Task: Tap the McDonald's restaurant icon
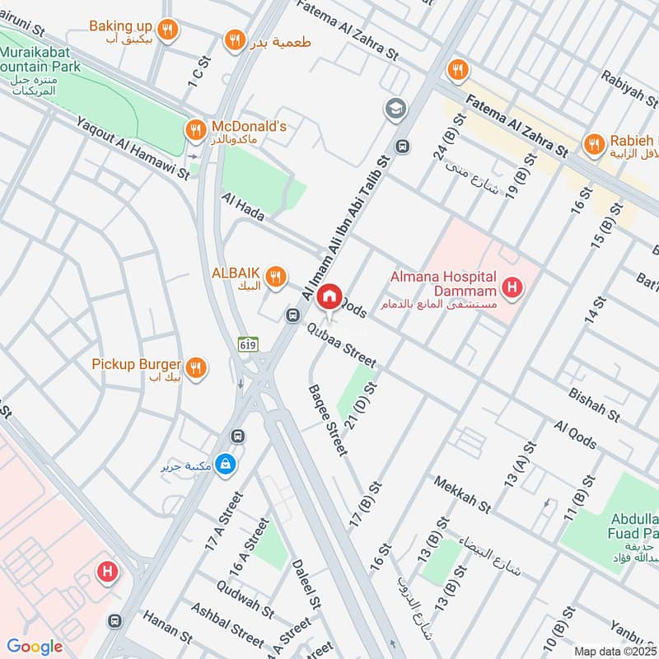(x=195, y=128)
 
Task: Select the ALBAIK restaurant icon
(x=277, y=276)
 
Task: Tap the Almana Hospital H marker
(x=512, y=287)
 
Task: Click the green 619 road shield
(x=245, y=343)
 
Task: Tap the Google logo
(x=35, y=647)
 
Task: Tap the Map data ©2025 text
(x=614, y=651)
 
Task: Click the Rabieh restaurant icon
(x=592, y=146)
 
